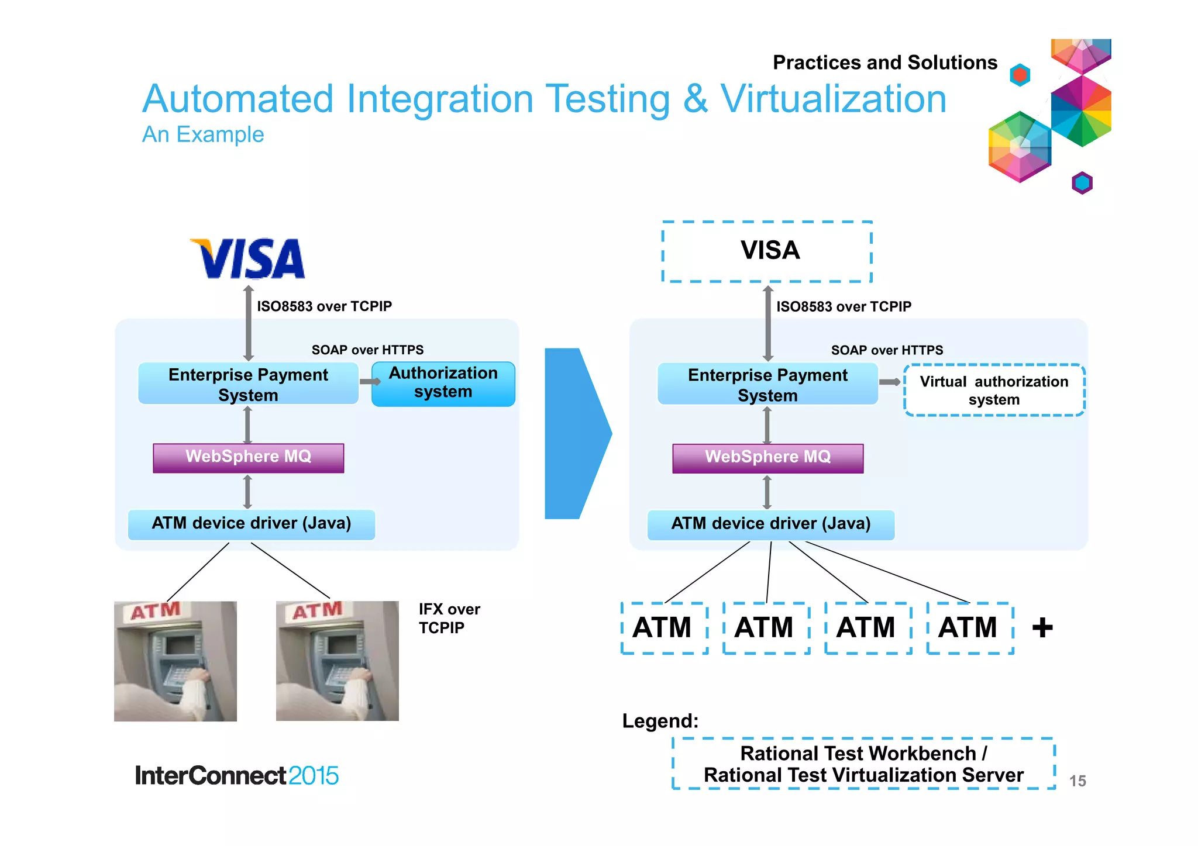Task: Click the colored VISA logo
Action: [248, 258]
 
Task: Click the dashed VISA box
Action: [767, 251]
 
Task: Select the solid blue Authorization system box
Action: [443, 384]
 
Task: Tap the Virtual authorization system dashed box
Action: [993, 390]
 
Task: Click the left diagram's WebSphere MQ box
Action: [248, 457]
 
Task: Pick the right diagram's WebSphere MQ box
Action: [767, 458]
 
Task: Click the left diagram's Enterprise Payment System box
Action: [248, 384]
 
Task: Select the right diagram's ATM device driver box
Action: [770, 524]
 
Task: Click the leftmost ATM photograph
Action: [175, 661]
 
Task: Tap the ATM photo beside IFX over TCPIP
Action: [337, 661]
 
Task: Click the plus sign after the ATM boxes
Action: [1042, 628]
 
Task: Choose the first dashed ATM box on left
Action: [664, 628]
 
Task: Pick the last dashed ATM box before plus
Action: [969, 628]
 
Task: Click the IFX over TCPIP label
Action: [449, 619]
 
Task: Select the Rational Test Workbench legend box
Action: [863, 764]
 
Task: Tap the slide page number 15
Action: [1077, 781]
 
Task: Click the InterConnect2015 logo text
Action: [236, 776]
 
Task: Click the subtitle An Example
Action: [203, 134]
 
